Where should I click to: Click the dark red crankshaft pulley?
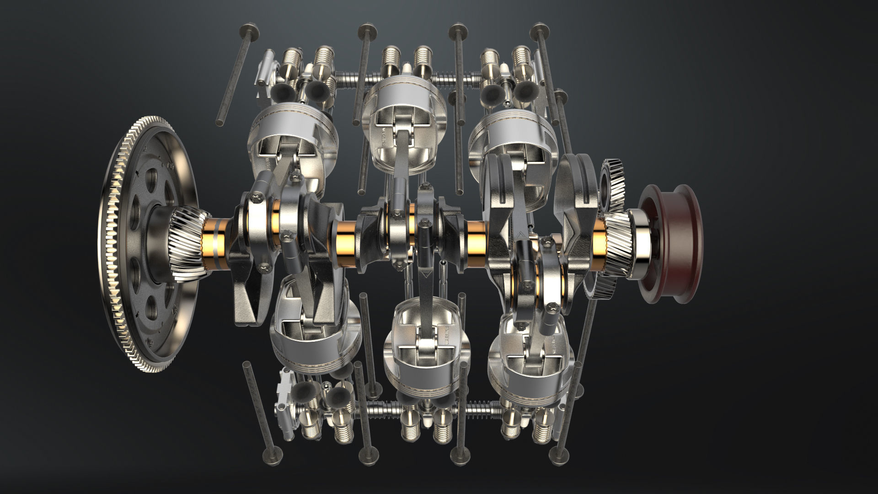coord(670,245)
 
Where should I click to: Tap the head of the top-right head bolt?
coord(540,31)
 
